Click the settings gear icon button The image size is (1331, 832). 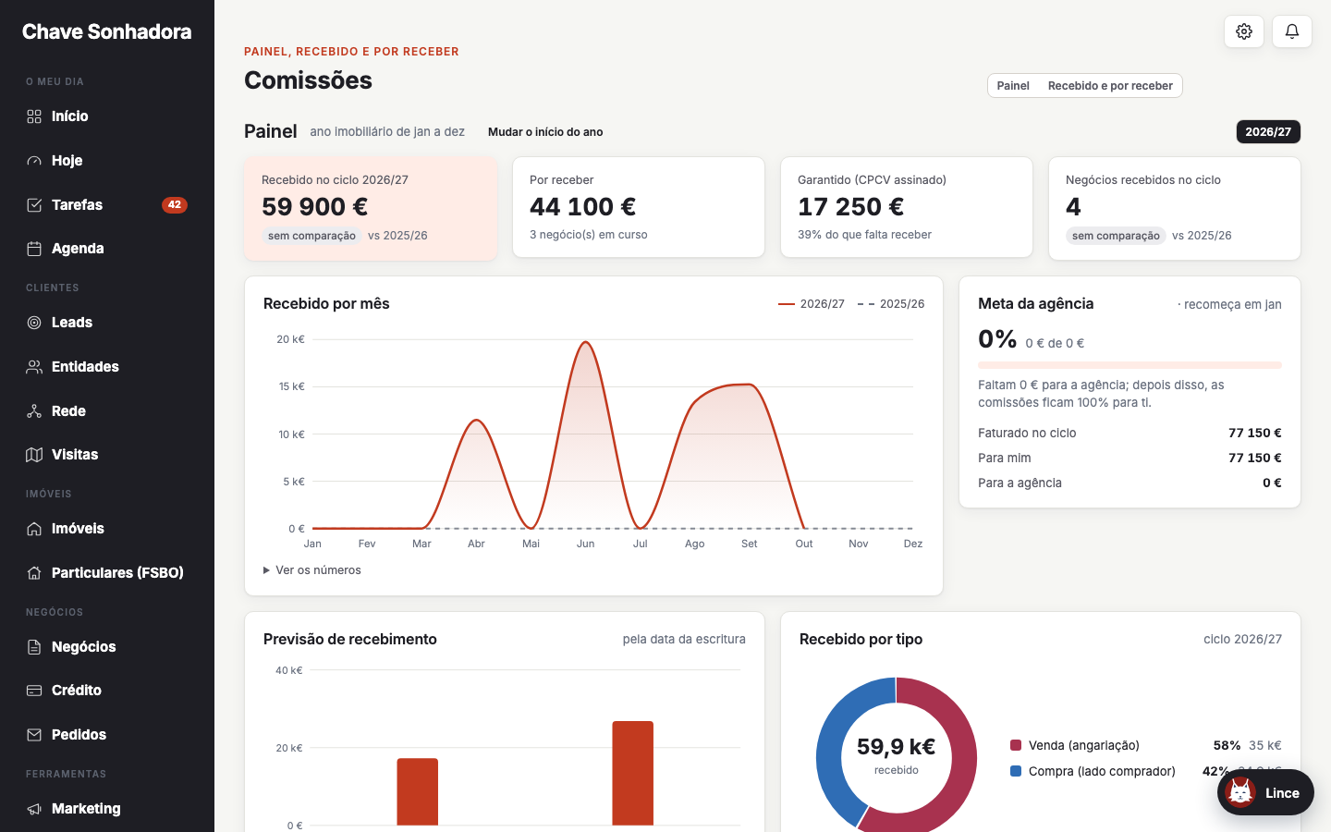point(1244,31)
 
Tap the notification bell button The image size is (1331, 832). point(1292,31)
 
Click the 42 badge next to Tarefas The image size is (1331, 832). point(174,205)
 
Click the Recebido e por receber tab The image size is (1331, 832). point(1110,86)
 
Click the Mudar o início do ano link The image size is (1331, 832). point(545,132)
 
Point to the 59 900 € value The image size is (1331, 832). point(314,207)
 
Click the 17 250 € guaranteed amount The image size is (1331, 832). point(850,207)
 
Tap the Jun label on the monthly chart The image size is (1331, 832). point(585,544)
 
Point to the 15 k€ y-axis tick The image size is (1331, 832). point(291,386)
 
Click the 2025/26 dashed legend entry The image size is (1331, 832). point(891,303)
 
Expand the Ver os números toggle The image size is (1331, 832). point(312,569)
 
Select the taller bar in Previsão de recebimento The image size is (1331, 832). point(633,773)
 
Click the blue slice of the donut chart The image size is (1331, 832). point(830,754)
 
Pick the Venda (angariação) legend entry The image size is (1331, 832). point(1075,745)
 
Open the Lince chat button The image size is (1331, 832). point(1265,793)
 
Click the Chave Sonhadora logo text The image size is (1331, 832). point(107,31)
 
